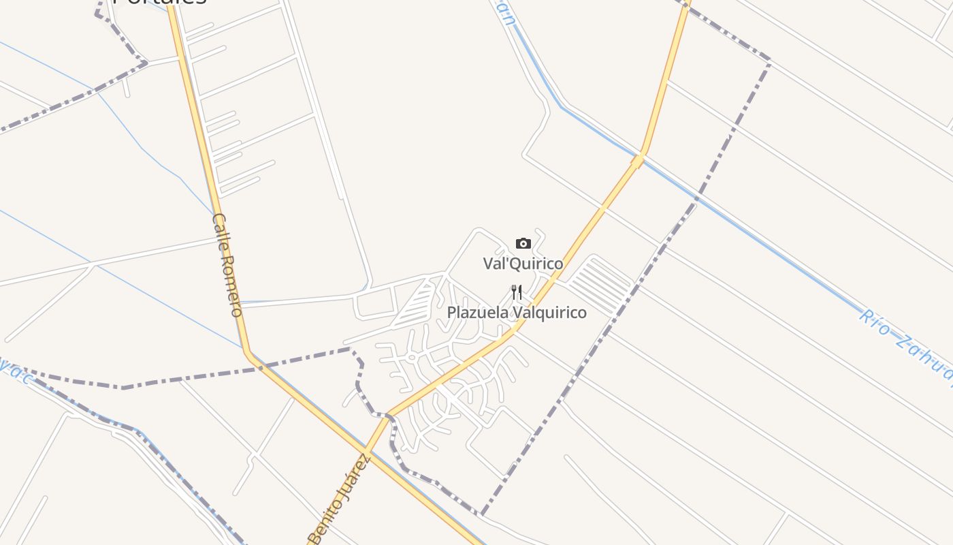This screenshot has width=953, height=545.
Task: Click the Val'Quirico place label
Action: (x=523, y=264)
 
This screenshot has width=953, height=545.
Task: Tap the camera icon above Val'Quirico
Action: (x=523, y=244)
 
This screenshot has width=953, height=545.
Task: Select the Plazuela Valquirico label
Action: (x=517, y=313)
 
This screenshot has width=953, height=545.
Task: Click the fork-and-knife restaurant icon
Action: (x=517, y=293)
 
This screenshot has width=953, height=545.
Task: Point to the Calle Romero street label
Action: (x=227, y=265)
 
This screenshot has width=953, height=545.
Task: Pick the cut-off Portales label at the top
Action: (x=159, y=2)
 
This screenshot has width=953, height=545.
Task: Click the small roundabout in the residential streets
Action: (x=412, y=357)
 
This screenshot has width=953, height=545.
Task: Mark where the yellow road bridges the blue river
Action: (x=638, y=160)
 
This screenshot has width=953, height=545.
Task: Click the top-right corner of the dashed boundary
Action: (x=769, y=61)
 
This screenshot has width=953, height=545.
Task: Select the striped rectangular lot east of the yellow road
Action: (x=600, y=285)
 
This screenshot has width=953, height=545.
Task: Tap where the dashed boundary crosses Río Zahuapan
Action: (x=696, y=198)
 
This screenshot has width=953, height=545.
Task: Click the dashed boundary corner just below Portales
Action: (x=145, y=63)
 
